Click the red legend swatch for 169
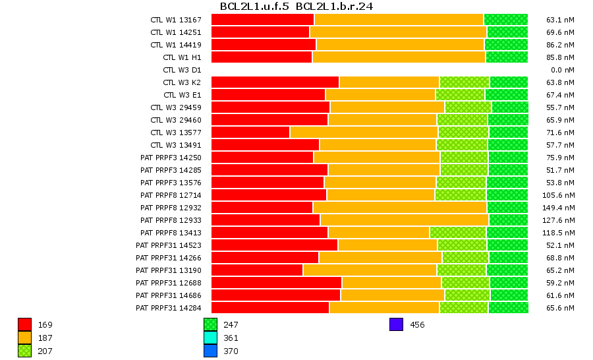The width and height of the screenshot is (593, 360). pyautogui.click(x=25, y=324)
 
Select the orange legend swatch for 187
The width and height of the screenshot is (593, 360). pyautogui.click(x=25, y=338)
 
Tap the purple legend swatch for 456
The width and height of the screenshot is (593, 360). pyautogui.click(x=396, y=324)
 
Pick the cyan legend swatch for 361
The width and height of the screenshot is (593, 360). pyautogui.click(x=211, y=338)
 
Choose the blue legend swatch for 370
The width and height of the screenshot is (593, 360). pyautogui.click(x=211, y=351)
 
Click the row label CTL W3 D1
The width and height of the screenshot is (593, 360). pyautogui.click(x=182, y=70)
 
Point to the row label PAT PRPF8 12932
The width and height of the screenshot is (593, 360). pyautogui.click(x=171, y=208)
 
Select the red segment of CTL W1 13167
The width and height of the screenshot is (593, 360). pyautogui.click(x=262, y=20)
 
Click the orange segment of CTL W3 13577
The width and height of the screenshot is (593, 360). pyautogui.click(x=364, y=133)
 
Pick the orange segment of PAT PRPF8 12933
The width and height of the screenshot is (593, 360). pyautogui.click(x=404, y=220)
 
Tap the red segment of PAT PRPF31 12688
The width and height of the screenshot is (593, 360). pyautogui.click(x=276, y=283)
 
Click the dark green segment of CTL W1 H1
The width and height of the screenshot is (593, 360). pyautogui.click(x=507, y=57)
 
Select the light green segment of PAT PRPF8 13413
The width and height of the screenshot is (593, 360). pyautogui.click(x=458, y=233)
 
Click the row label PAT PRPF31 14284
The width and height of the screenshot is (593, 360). pyautogui.click(x=169, y=308)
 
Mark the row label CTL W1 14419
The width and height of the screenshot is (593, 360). pyautogui.click(x=176, y=45)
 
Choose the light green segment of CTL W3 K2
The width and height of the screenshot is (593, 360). pyautogui.click(x=464, y=82)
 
